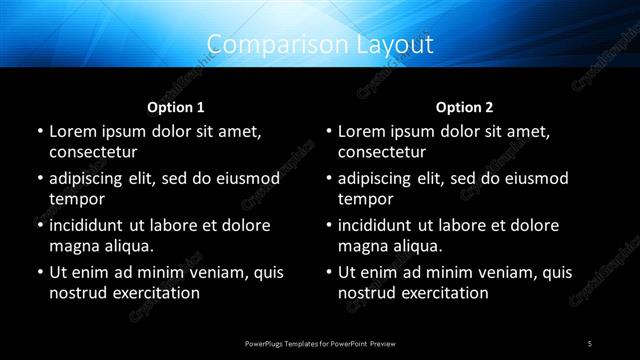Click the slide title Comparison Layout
(x=320, y=44)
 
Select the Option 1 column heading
(x=176, y=107)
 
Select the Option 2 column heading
(x=465, y=107)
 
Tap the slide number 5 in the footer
(x=591, y=343)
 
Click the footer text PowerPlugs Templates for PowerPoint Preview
(x=320, y=343)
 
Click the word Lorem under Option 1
(x=72, y=131)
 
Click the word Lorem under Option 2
(x=361, y=131)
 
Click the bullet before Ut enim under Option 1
(x=38, y=272)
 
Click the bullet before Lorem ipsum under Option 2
(x=327, y=131)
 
